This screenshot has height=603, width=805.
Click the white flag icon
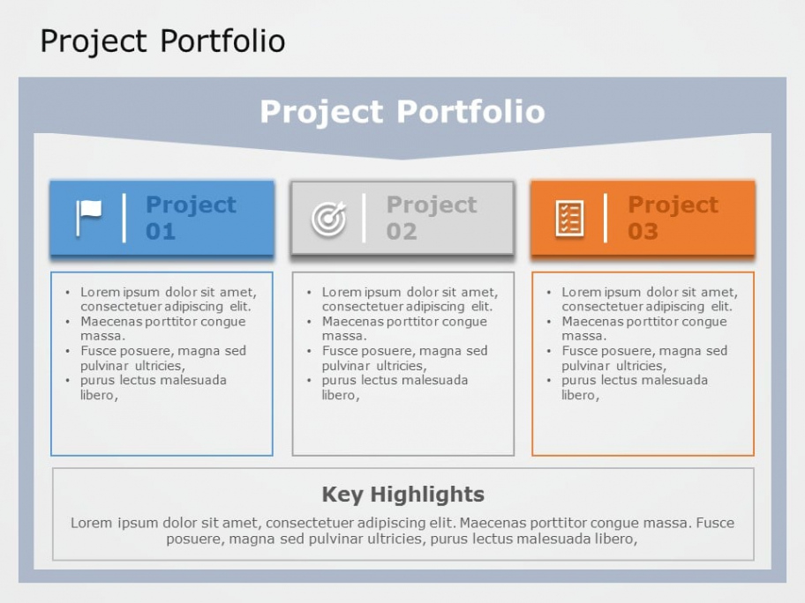pos(89,218)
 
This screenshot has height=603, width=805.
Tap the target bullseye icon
pos(329,219)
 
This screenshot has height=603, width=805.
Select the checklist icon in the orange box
pos(569,219)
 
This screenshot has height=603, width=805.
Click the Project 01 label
pos(191,218)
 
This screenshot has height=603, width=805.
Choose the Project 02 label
pos(432,218)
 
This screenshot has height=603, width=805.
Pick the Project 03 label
pos(673,218)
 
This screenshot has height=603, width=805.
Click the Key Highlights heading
pos(403,495)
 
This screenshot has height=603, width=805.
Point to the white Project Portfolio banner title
pos(402,111)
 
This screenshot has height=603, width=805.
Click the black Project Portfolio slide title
pos(162,41)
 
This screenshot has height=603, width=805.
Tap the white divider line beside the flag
pos(124,218)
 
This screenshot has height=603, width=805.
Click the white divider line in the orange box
pos(606,218)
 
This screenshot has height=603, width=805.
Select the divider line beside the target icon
pos(364,218)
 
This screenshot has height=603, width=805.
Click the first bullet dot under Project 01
pos(68,293)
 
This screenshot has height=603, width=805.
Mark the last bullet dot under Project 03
pos(549,381)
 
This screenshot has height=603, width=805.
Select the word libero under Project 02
pos(339,395)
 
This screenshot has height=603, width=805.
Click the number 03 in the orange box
pos(643,231)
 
